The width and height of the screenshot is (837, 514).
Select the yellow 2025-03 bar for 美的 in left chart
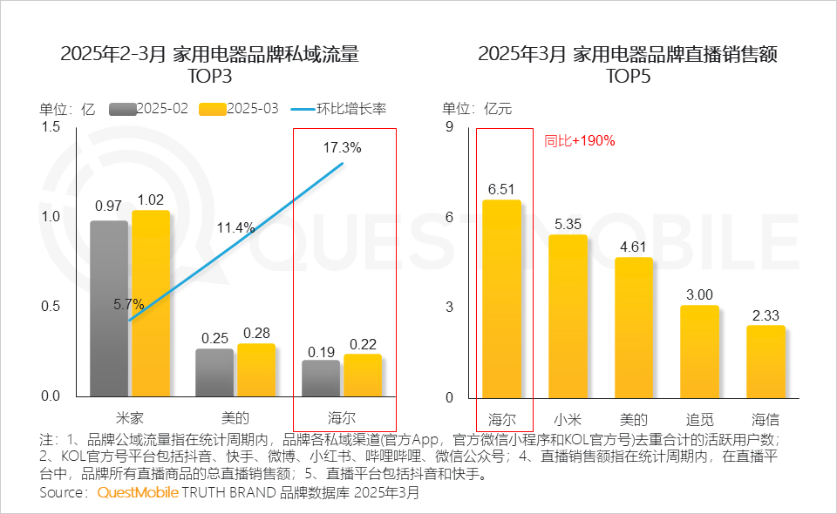tap(256, 370)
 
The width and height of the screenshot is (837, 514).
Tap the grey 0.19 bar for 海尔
tap(321, 379)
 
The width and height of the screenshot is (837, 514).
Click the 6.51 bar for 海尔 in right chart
tap(501, 299)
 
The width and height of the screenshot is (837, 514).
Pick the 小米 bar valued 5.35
tap(568, 316)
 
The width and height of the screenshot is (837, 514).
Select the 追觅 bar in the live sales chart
tap(700, 351)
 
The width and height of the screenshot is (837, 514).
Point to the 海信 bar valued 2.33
tap(766, 362)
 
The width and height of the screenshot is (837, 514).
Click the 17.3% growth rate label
tap(342, 148)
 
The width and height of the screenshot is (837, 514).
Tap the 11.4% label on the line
tap(235, 228)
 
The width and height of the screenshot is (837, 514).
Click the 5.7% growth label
tap(128, 304)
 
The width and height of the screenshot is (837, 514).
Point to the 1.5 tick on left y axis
tap(51, 127)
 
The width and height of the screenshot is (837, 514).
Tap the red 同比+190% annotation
tap(580, 140)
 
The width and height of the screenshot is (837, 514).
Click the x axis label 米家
tap(129, 416)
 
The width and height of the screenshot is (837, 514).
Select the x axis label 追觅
tap(700, 416)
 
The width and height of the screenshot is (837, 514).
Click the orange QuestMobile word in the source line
tap(137, 493)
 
